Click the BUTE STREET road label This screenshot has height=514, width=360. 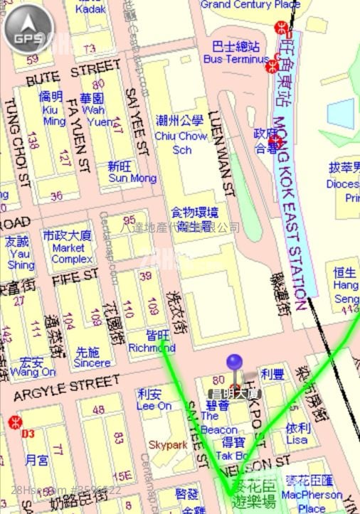click(x=73, y=73)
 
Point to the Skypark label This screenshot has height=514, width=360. click(x=167, y=445)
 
